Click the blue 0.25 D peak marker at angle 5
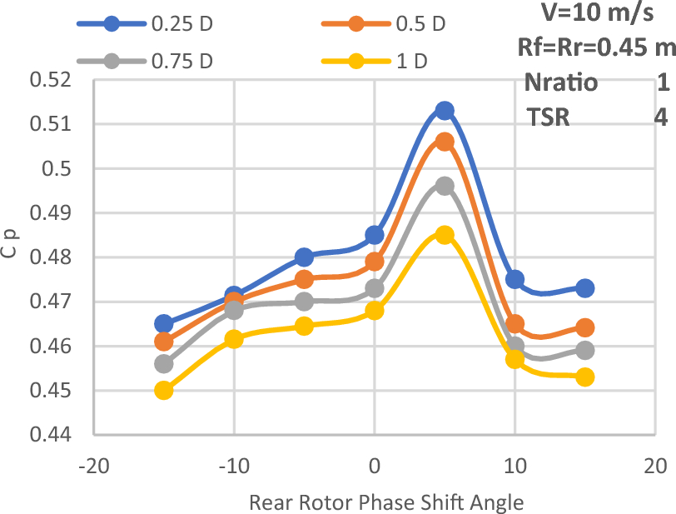445,111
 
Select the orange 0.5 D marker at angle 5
445,142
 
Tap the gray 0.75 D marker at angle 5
445,186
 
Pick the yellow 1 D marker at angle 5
445,235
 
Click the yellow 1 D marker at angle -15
164,390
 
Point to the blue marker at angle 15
584,288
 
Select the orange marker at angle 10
514,324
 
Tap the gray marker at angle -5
304,302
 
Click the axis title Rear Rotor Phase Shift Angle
385,502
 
